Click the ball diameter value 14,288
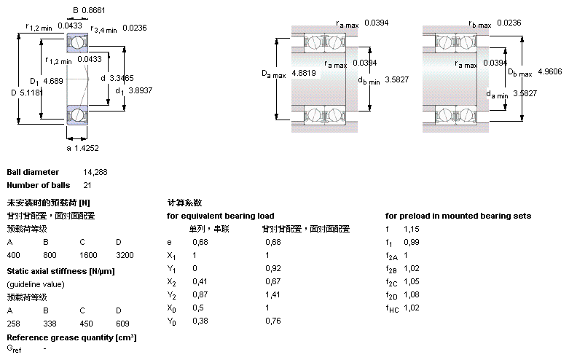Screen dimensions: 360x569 (95, 172)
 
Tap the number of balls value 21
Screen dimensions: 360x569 (87, 185)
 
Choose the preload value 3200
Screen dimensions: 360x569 (125, 255)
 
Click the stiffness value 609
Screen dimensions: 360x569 (122, 322)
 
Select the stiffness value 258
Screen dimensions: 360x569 (13, 322)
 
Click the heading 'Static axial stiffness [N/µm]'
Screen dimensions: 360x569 (60, 271)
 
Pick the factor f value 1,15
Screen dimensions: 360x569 (412, 229)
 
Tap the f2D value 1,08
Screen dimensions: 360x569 (412, 294)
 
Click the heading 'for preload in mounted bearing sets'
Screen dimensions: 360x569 (458, 216)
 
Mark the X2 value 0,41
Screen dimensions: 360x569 (199, 281)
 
